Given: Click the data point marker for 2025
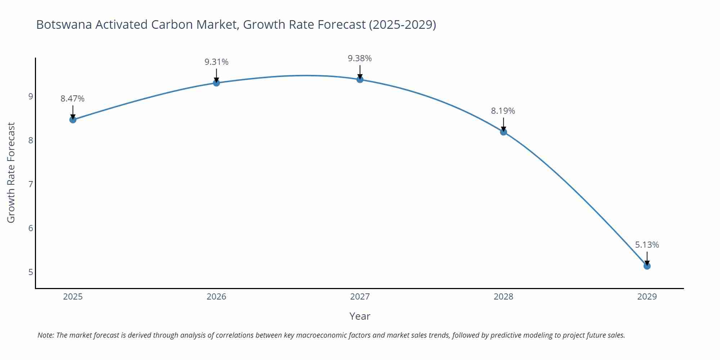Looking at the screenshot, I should click(73, 120).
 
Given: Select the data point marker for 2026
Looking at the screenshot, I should click(216, 83).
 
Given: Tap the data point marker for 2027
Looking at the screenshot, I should click(360, 79).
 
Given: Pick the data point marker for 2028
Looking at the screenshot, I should click(503, 132).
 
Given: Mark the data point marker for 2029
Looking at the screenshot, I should click(647, 266).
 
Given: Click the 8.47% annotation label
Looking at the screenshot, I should click(72, 99).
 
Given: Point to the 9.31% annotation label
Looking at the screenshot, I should click(216, 62).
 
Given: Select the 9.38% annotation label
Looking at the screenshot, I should click(360, 58).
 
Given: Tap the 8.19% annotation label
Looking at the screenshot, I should click(503, 111).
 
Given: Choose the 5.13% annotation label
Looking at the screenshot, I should click(647, 245).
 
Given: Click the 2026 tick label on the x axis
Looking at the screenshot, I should click(216, 297).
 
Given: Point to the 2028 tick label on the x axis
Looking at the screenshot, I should click(503, 297).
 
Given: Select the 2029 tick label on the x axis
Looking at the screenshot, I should click(647, 297).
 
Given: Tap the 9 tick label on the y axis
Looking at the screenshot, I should click(31, 96).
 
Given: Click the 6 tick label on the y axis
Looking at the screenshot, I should click(31, 228).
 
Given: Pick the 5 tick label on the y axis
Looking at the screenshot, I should click(31, 272).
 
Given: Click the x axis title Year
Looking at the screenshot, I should click(360, 316).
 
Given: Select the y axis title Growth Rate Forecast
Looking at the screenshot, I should click(11, 172).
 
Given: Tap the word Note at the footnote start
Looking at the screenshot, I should click(46, 335).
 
